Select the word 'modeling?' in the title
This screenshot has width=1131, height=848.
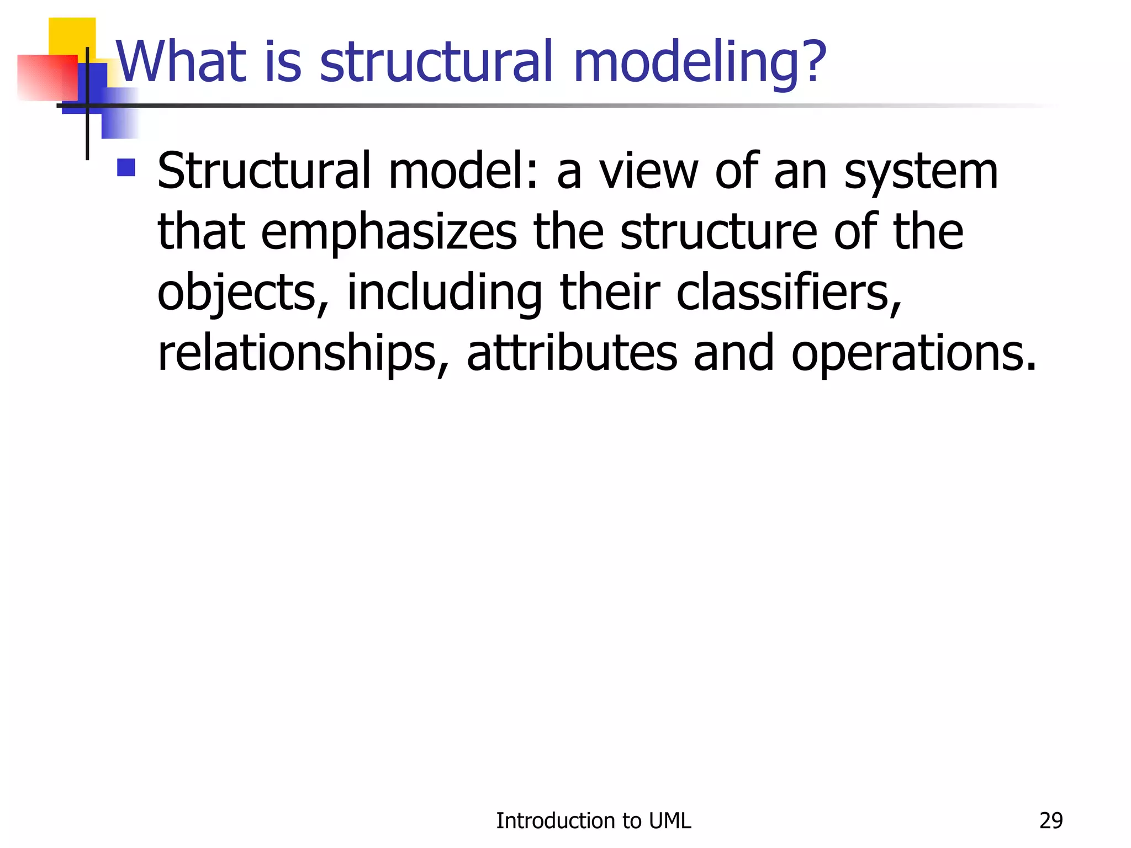tap(700, 62)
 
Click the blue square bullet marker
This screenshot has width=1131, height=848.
tap(126, 168)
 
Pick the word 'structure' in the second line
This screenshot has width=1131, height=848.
tap(718, 232)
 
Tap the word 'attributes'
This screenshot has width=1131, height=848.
tap(572, 353)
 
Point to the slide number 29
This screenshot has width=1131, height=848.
tap(1050, 821)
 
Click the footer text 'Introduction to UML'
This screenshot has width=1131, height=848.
tap(593, 821)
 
